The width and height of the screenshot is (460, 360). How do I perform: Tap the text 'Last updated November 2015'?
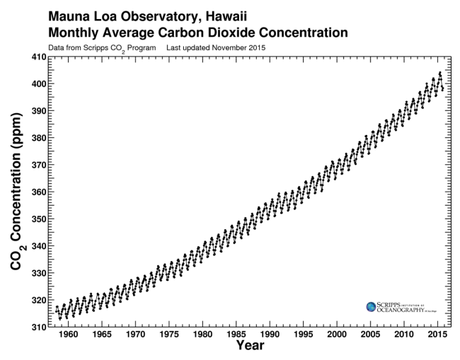[216, 47]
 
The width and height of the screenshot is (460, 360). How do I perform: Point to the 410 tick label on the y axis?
[35, 57]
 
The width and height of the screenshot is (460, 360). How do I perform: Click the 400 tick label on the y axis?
[35, 83]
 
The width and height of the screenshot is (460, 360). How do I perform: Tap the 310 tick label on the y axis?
[35, 327]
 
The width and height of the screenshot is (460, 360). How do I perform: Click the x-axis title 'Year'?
[251, 347]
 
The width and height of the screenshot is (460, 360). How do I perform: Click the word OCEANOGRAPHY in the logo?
[400, 309]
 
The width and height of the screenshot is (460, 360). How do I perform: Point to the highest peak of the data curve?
[439, 72]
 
